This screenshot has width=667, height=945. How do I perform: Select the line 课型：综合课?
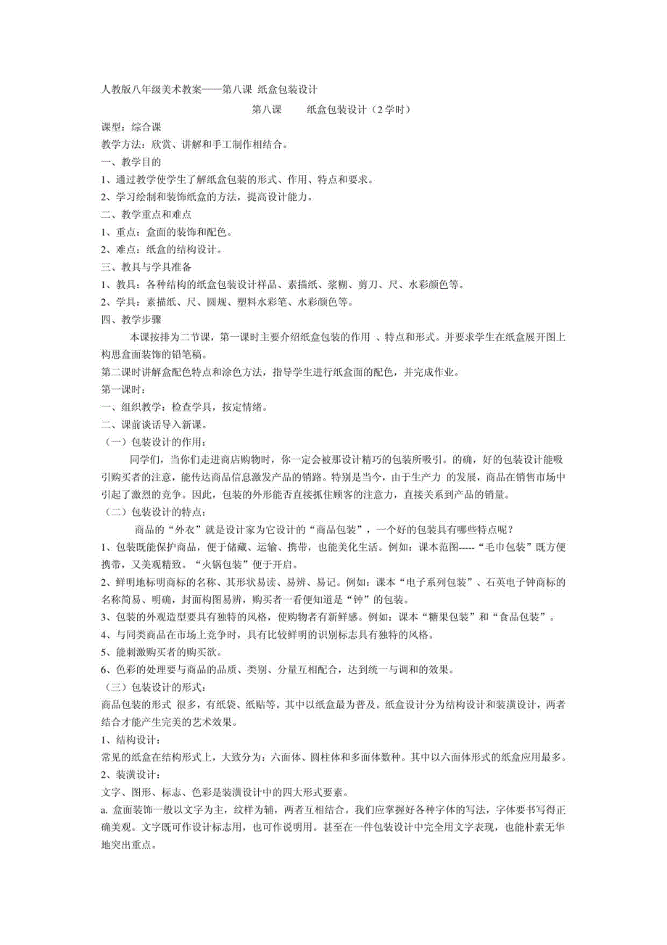[130, 127]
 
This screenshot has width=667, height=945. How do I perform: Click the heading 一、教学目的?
[130, 162]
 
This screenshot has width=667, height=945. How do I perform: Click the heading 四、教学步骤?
[130, 320]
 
